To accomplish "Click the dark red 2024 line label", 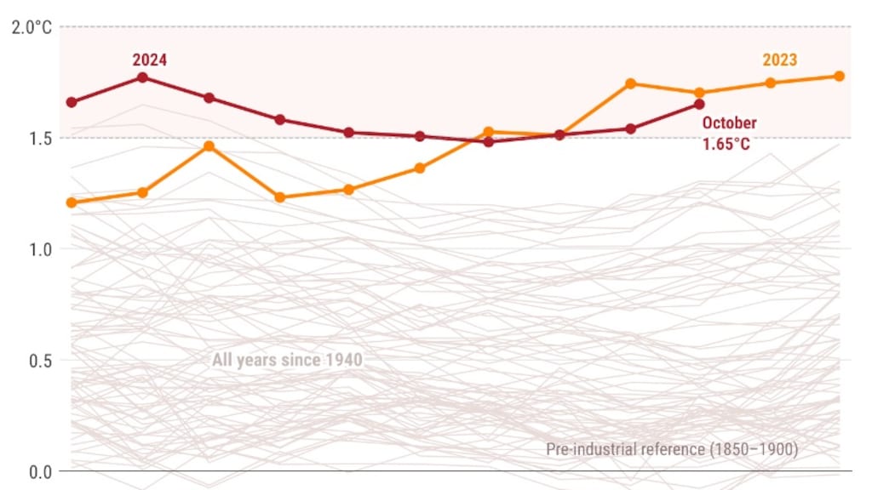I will [149, 60].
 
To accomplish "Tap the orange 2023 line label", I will [779, 60].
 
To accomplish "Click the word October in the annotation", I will [729, 122].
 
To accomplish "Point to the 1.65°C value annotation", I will [726, 144].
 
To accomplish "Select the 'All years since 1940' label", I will [287, 360].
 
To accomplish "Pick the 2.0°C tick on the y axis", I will [32, 27].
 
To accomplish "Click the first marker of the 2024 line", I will [72, 102].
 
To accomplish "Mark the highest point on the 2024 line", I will [143, 77].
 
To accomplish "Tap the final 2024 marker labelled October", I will [699, 104].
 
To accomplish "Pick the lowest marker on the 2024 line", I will [488, 141].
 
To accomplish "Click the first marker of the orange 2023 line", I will [72, 202].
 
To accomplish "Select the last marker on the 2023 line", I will [839, 76].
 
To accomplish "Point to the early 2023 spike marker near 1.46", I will [209, 146].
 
